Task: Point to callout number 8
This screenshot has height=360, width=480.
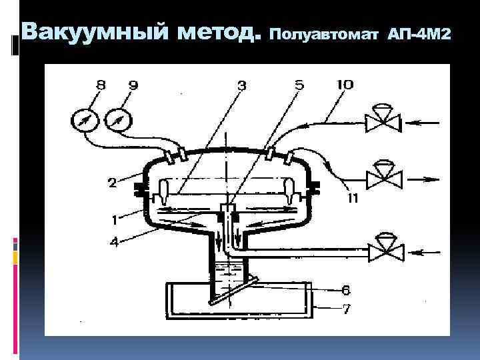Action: [x=100, y=85]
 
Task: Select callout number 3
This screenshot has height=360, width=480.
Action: [x=241, y=85]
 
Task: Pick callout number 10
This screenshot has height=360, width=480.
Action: [x=345, y=85]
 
